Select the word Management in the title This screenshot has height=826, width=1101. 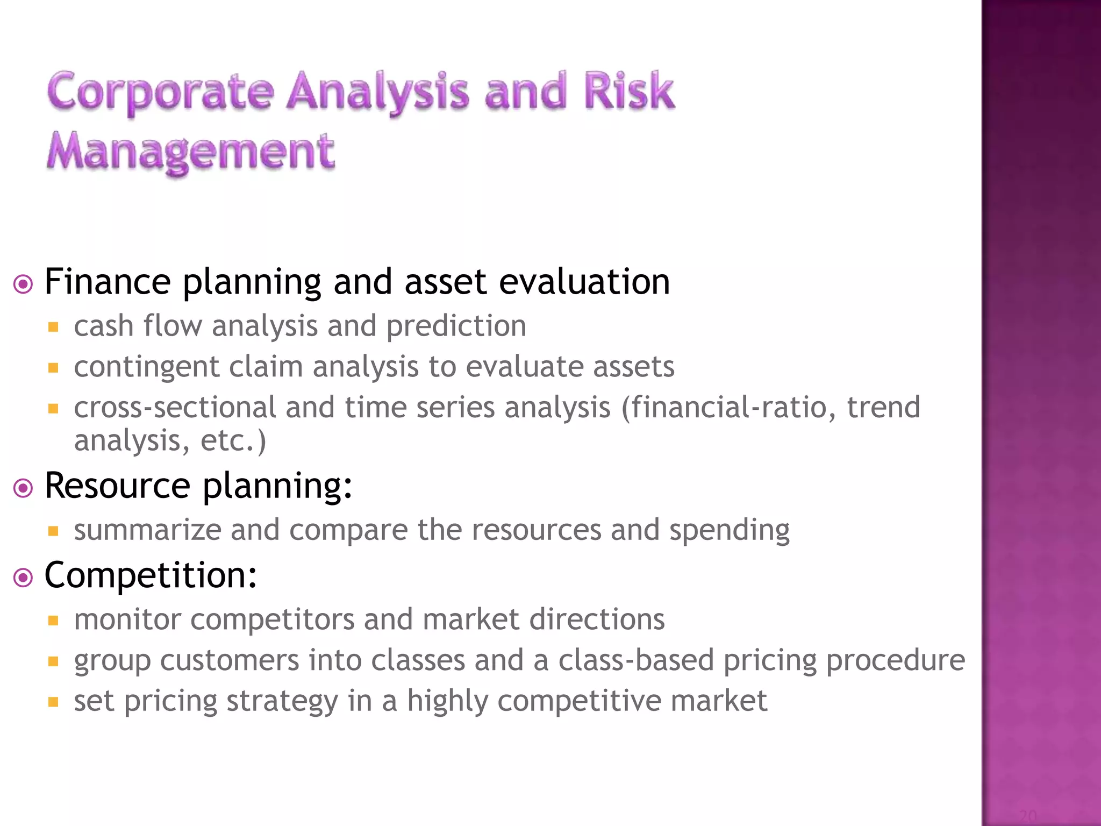tap(191, 152)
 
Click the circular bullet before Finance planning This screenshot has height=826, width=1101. tap(23, 284)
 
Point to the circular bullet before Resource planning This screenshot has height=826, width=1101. tap(23, 488)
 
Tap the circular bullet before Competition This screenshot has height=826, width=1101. tap(23, 578)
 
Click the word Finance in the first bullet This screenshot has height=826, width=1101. tap(108, 282)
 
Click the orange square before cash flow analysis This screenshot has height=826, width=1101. tap(53, 327)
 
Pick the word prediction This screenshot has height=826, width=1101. tap(456, 327)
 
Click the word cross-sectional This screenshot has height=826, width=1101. tap(175, 408)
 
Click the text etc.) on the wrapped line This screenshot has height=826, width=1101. tap(233, 441)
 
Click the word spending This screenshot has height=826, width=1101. tap(729, 531)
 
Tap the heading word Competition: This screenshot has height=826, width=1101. tap(151, 576)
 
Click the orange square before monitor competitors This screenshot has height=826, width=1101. tap(53, 621)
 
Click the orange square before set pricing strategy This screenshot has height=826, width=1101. tap(53, 702)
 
